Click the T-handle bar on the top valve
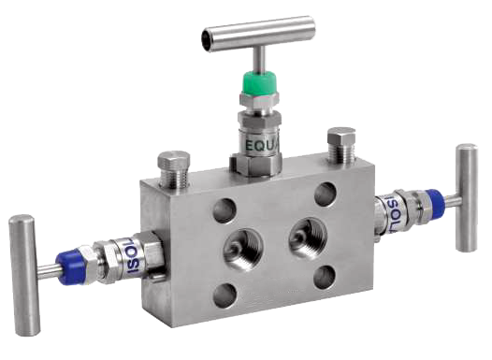(x=257, y=34)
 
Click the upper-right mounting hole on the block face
(x=325, y=194)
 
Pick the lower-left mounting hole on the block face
(x=224, y=295)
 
